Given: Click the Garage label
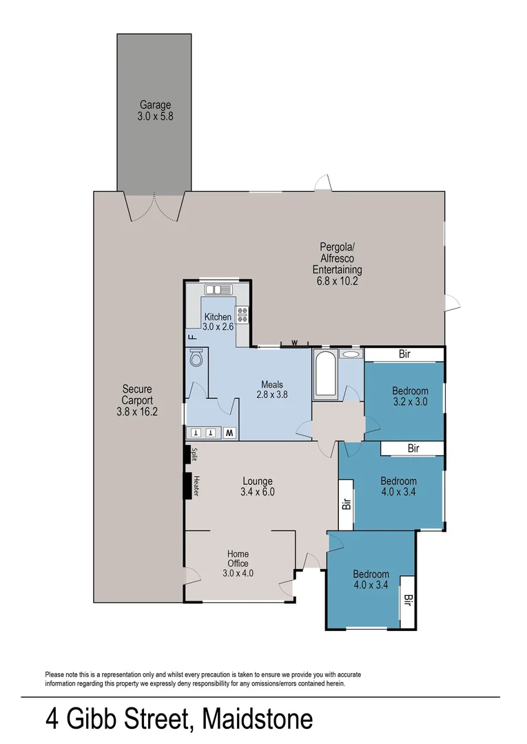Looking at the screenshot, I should (x=155, y=105).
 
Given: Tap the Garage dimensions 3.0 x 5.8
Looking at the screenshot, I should (x=155, y=116).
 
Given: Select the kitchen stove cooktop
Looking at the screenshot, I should (x=242, y=315).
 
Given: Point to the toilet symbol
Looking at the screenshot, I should (x=196, y=359).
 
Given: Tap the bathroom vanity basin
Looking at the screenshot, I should (x=351, y=354).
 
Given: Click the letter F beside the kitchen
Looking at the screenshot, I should (x=192, y=338).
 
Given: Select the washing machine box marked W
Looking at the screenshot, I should (x=230, y=433).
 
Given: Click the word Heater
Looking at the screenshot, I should (x=196, y=486).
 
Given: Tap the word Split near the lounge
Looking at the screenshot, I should (x=195, y=455).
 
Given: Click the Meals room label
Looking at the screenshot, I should (x=273, y=384).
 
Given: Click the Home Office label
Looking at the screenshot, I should (x=238, y=559).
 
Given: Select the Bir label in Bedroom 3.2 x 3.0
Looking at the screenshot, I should (x=405, y=354).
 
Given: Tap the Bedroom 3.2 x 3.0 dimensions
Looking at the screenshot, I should (x=411, y=402).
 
